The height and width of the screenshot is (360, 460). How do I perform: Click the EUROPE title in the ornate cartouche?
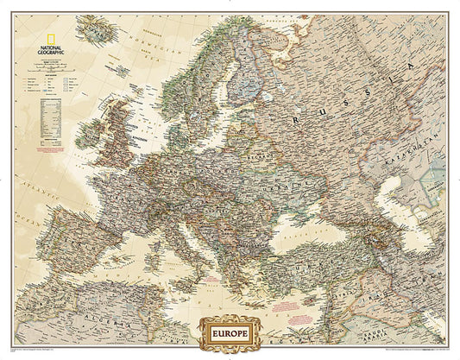[229, 330]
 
